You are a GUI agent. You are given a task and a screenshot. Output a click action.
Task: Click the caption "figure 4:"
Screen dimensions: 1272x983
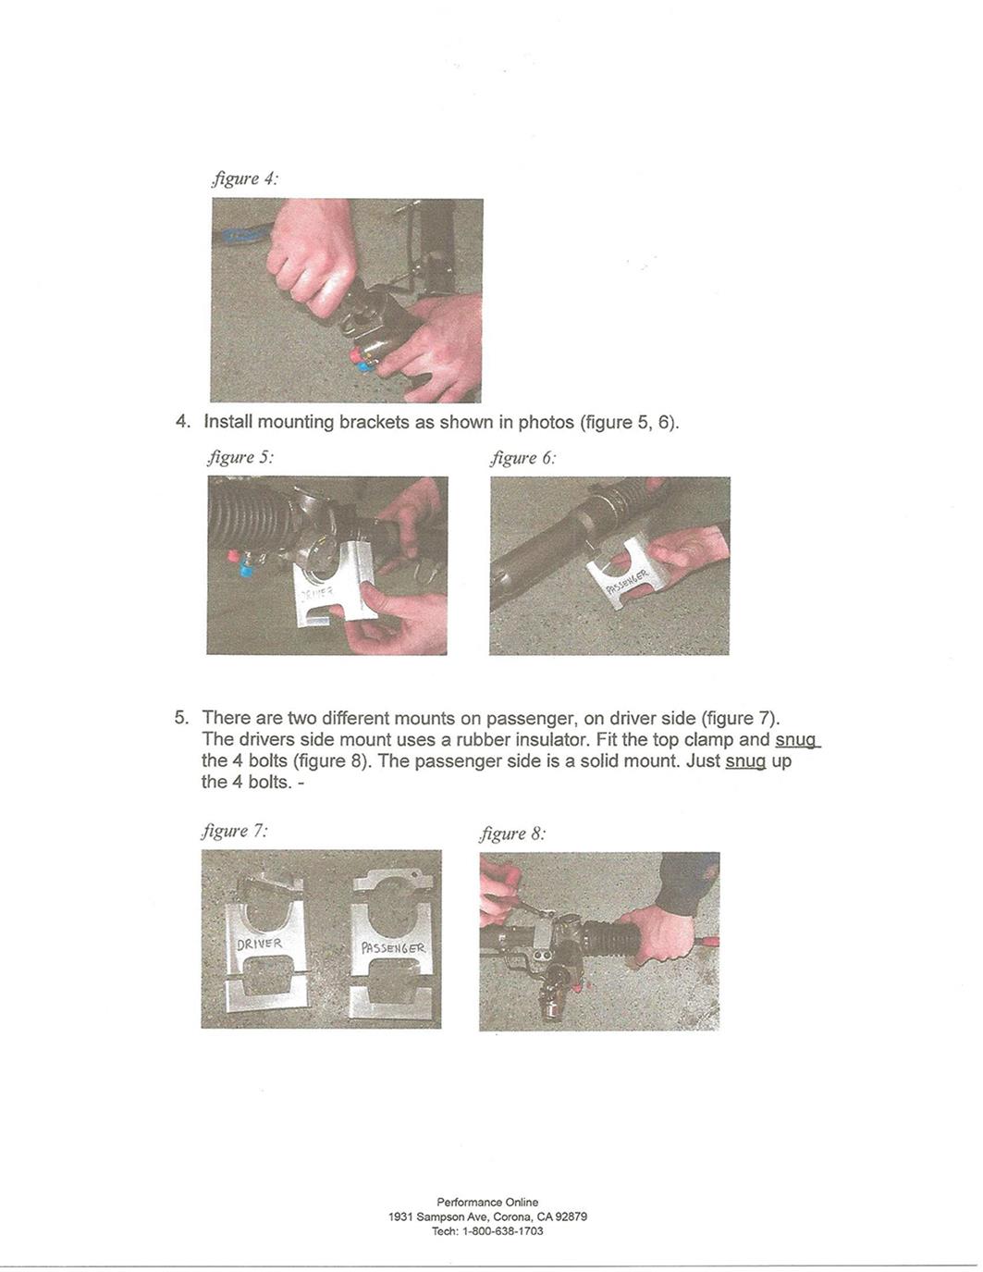coord(244,179)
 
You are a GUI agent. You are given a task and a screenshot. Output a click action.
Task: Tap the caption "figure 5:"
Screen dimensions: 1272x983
coord(240,457)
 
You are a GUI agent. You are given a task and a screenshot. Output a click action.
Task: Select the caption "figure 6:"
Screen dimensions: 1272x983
coord(523,457)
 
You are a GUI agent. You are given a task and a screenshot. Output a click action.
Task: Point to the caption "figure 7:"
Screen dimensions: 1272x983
coord(235,831)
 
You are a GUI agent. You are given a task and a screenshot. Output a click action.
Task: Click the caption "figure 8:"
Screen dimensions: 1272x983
coord(513,834)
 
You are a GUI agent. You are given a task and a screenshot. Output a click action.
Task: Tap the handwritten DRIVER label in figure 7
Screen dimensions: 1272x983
coord(259,945)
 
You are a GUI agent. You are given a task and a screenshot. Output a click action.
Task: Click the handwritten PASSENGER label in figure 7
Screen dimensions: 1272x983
coord(393,948)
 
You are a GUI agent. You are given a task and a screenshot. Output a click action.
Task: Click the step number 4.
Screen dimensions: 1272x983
coord(183,422)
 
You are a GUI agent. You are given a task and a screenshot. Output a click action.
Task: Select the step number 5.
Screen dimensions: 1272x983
coord(181,718)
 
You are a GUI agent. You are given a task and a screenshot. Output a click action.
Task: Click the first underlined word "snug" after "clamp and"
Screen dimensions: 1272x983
coord(796,740)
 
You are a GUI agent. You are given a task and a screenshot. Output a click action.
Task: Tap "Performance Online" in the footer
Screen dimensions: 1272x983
coord(487,1202)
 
